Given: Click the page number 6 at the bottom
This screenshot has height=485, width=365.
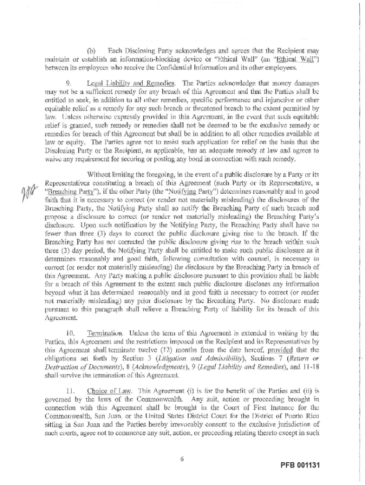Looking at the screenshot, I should [x=182, y=458].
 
